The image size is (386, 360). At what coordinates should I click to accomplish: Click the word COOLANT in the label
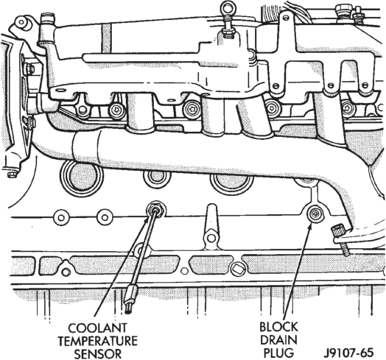[x=97, y=328]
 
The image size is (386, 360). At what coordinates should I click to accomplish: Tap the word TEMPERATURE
[x=97, y=341]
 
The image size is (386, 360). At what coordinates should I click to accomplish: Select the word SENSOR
[x=98, y=354]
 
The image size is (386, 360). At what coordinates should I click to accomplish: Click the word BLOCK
[x=278, y=327]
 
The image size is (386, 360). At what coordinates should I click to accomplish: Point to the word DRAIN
[x=278, y=340]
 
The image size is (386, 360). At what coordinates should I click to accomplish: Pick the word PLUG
[x=278, y=353]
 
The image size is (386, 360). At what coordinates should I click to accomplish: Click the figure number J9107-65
[x=348, y=353]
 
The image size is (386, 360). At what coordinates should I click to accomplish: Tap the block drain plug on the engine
[x=315, y=214]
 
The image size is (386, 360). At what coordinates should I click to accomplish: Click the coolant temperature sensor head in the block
[x=156, y=210]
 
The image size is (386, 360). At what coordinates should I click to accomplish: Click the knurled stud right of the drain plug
[x=337, y=232]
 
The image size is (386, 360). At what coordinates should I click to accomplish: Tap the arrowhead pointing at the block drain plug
[x=310, y=225]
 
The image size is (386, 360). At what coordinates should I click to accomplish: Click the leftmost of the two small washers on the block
[x=61, y=217]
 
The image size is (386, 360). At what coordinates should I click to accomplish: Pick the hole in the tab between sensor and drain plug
[x=211, y=238]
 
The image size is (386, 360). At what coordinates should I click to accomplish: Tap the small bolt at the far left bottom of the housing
[x=11, y=174]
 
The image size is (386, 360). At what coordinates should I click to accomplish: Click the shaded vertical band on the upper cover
[x=106, y=38]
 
